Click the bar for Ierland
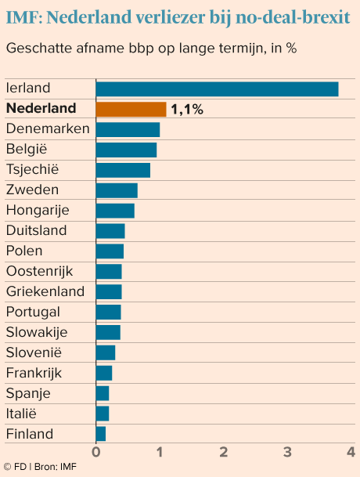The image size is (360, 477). point(217,89)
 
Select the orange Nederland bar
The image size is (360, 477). point(131,109)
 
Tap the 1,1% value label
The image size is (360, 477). point(187,109)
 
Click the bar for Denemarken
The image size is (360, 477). point(128,129)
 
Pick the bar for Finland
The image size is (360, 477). point(101,434)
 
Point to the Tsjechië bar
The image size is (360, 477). point(123,170)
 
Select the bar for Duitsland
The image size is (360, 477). point(110,231)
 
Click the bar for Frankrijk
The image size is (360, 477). point(103,373)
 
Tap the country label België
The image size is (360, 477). point(27,149)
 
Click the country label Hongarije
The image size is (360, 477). point(38,211)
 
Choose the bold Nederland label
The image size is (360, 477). point(41,108)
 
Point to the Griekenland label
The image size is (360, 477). point(45,291)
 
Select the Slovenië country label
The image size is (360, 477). point(34,352)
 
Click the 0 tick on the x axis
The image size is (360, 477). point(95,452)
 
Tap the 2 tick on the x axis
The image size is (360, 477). point(224,452)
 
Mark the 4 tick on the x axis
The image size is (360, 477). point(351,452)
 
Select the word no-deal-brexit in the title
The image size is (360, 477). point(293,18)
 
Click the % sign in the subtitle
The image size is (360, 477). point(291,48)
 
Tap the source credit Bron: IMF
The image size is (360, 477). point(56,467)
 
